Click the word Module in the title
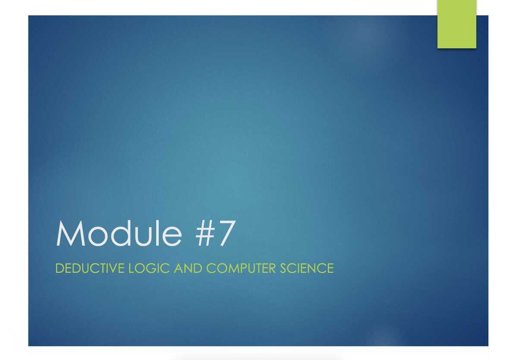(x=119, y=234)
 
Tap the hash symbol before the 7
(x=201, y=234)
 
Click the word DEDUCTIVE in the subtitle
(x=90, y=268)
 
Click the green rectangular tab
(x=456, y=24)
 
